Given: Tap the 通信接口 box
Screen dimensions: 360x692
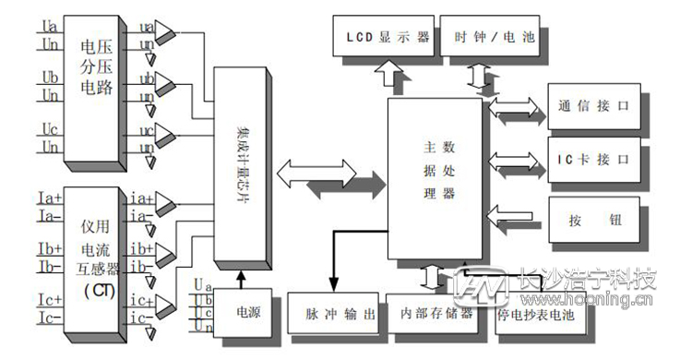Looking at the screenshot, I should (591, 105).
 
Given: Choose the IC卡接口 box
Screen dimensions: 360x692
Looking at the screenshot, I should (591, 159).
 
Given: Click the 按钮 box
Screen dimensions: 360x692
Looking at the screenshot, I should (591, 219).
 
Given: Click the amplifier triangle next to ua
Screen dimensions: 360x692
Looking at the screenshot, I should (167, 34).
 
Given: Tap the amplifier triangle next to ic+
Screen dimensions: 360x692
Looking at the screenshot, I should (167, 303).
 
